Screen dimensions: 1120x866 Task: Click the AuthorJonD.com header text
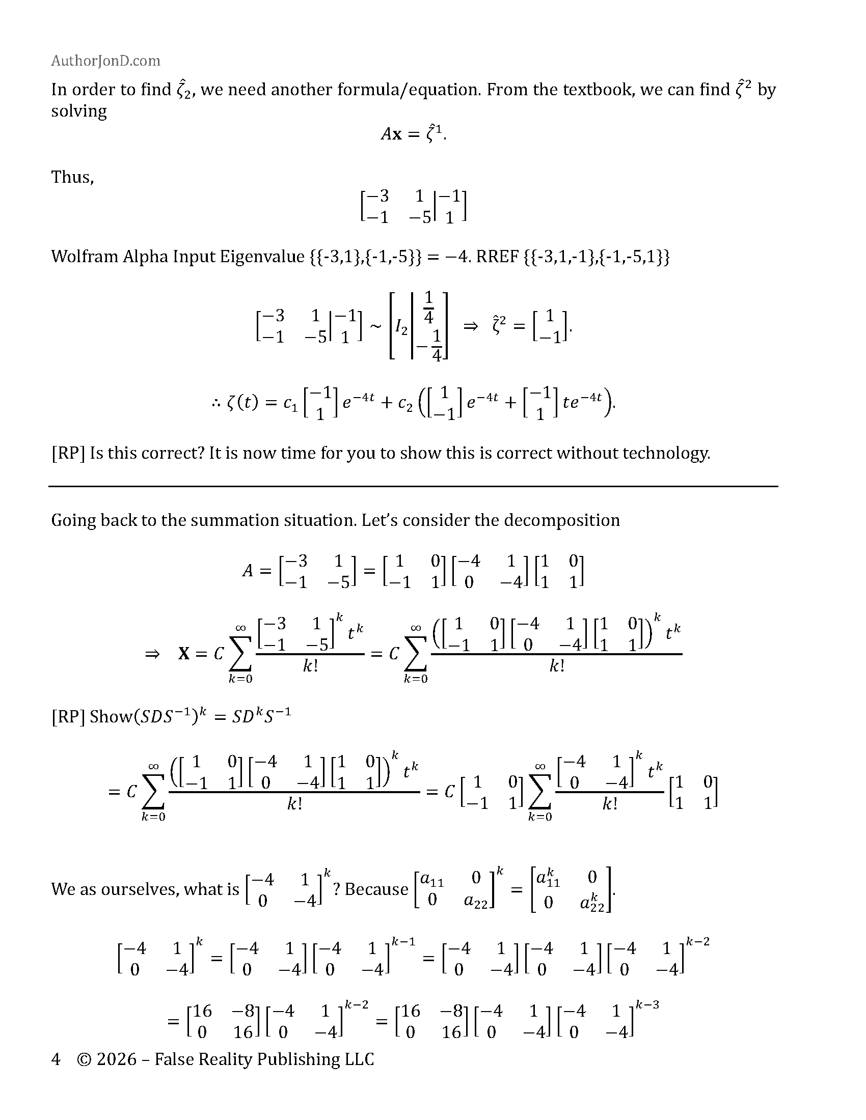coord(105,61)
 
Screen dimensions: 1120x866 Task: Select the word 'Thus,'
coord(72,177)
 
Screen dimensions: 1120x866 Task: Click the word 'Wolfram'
coord(84,256)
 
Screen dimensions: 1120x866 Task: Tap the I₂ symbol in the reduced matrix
coord(401,326)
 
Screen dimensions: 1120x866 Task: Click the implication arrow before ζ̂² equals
coord(470,326)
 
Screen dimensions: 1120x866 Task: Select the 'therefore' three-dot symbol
coord(215,403)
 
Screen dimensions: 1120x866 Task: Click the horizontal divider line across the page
coord(413,486)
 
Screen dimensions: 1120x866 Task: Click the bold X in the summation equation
coord(184,654)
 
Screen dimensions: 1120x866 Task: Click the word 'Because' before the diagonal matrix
coord(376,889)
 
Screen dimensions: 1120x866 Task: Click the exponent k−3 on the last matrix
coord(647,1004)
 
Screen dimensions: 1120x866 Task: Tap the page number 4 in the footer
coord(56,1059)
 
